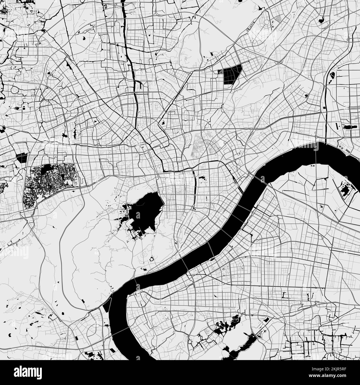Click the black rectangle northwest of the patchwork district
point(21,158)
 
